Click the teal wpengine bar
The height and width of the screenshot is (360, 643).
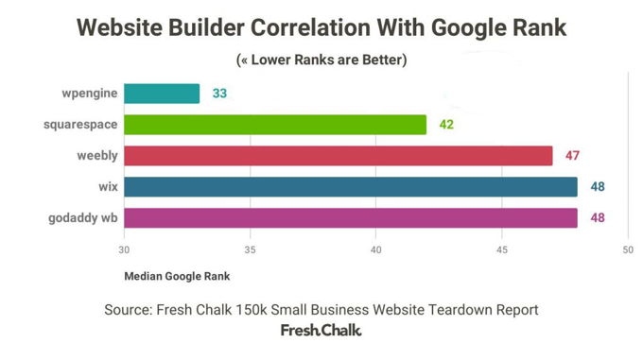[x=162, y=94]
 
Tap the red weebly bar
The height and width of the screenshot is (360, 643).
[x=338, y=156]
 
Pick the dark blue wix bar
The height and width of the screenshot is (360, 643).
[x=350, y=187]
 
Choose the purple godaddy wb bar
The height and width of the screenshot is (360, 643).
[x=350, y=218]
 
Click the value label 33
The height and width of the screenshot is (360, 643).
[x=219, y=94]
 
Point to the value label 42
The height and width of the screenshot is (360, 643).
[x=446, y=125]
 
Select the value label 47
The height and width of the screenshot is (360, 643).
[x=572, y=156]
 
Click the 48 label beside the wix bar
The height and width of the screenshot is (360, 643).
[x=597, y=187]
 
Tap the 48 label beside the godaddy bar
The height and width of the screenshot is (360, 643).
[x=597, y=218]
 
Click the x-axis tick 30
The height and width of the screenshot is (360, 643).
[x=124, y=250]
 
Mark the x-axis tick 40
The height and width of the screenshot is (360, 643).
[x=375, y=250]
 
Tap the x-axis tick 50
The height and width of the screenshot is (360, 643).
[x=627, y=250]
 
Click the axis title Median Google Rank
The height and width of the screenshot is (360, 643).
[x=177, y=277]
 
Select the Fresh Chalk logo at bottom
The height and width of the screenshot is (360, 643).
[x=321, y=331]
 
